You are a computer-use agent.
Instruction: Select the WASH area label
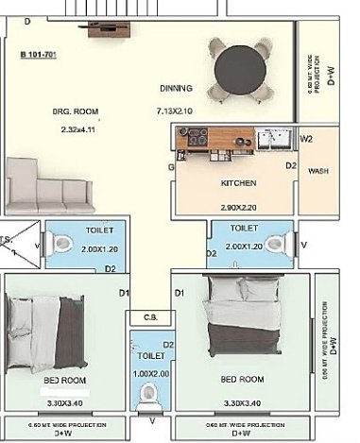317,171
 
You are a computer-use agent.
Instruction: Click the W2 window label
306,139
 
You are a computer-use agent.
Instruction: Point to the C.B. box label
149,318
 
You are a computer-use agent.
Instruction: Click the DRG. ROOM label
69,111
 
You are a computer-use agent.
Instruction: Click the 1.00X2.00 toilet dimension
150,374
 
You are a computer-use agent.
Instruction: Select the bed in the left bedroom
45,332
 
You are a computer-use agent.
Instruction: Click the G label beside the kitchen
171,166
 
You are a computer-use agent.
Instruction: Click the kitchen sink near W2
277,141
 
